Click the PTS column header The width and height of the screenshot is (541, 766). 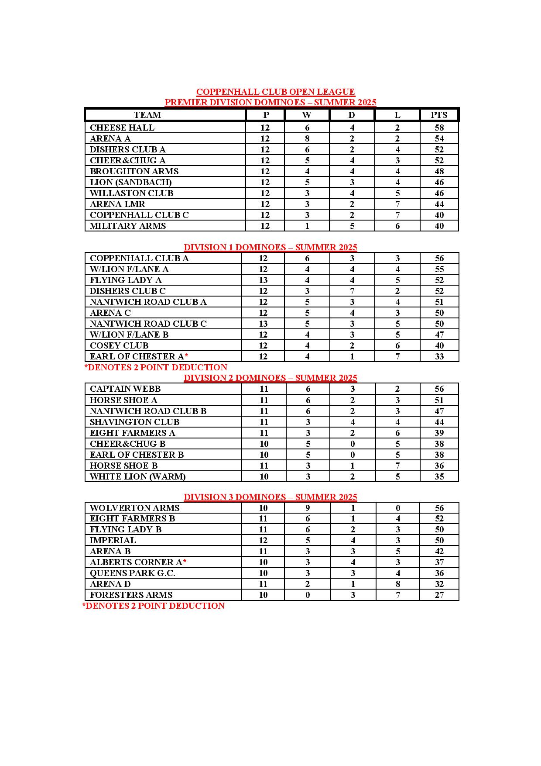(x=439, y=115)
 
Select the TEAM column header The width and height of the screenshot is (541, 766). (x=147, y=115)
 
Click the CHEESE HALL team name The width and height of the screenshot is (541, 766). (x=122, y=128)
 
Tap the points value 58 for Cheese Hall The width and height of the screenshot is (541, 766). (x=439, y=128)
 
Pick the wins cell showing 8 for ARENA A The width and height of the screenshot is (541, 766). (x=307, y=138)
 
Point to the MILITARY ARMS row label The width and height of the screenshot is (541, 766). (x=128, y=226)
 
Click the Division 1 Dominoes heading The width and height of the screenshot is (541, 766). (x=270, y=247)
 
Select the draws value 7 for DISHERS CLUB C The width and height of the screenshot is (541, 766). (x=352, y=291)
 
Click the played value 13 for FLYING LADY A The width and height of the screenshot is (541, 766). (x=263, y=280)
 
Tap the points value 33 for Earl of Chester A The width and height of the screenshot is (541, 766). (x=439, y=356)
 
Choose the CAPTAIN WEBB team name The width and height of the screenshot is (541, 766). (x=125, y=389)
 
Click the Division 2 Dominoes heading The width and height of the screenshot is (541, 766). (x=270, y=378)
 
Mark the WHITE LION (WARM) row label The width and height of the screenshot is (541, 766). (x=137, y=476)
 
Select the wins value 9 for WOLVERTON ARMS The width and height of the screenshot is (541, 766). (x=308, y=508)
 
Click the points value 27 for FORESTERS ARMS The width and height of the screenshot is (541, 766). (x=439, y=595)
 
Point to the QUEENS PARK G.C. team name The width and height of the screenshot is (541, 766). (x=133, y=573)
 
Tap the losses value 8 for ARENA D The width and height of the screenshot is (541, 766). (x=397, y=584)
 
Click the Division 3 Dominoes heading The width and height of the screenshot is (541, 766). (x=270, y=497)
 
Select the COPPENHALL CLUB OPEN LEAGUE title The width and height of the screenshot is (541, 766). (x=275, y=92)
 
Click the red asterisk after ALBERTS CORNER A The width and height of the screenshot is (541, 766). (x=185, y=561)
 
